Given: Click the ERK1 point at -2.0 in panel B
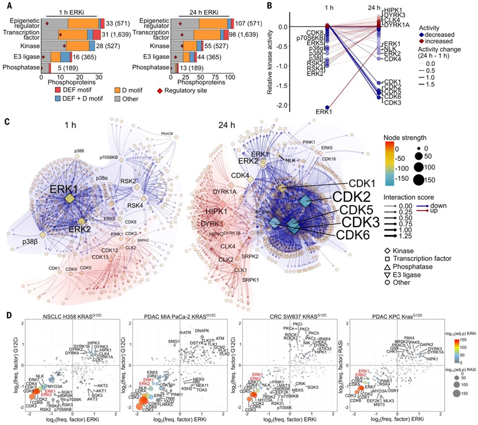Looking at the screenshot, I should (327, 107).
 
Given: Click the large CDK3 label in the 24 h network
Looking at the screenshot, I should (360, 222).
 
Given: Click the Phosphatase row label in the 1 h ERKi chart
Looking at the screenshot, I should (20, 68).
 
